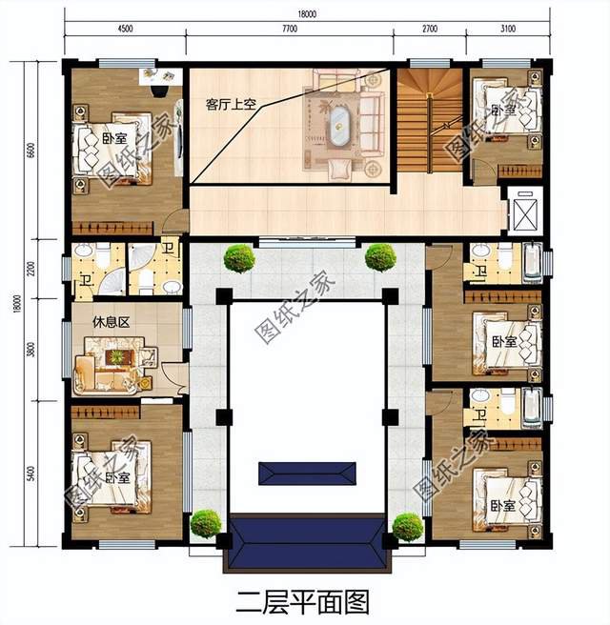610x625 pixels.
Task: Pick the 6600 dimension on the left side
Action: click(x=31, y=149)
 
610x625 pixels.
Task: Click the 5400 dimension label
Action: click(x=31, y=472)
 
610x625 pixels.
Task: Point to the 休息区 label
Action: click(x=111, y=322)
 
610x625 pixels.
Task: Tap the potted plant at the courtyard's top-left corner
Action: click(x=239, y=256)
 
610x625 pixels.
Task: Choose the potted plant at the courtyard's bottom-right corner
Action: click(x=407, y=526)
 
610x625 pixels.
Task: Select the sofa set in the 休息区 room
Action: click(x=112, y=363)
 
